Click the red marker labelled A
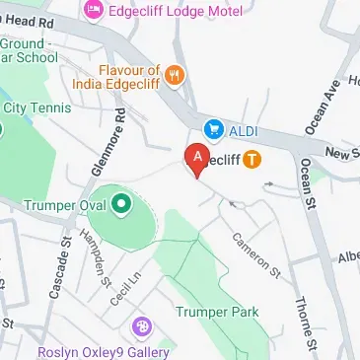pos(196,158)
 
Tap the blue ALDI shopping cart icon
pos(212,128)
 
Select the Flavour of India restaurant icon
pos(174,74)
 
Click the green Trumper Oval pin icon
pos(120,206)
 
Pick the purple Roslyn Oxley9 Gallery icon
pos(143,324)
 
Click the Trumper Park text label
pos(216,313)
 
